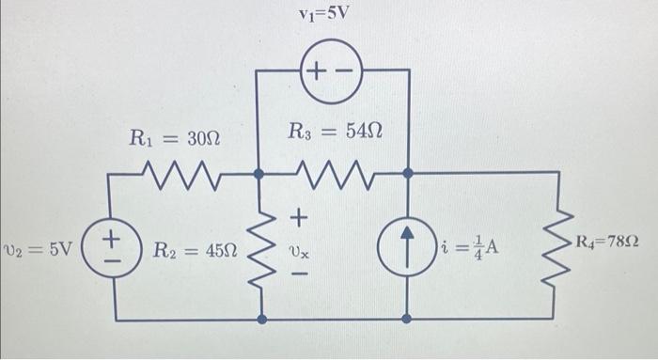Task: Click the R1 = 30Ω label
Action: pyautogui.click(x=175, y=139)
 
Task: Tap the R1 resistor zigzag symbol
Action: pyautogui.click(x=184, y=173)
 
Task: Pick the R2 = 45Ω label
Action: pyautogui.click(x=196, y=251)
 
